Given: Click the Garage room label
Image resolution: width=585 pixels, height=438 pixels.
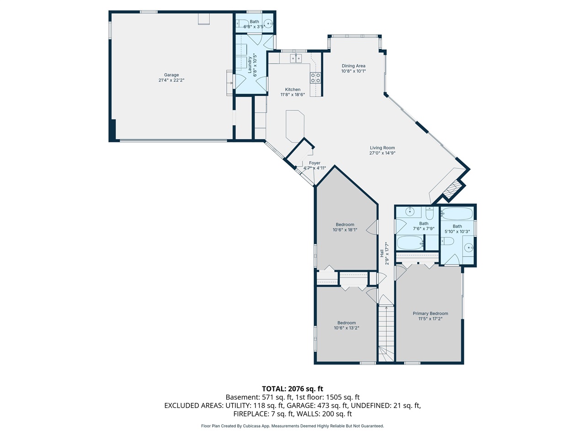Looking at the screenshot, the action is click(x=171, y=75).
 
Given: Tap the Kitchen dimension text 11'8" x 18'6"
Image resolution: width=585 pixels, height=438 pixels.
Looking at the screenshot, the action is click(x=292, y=95).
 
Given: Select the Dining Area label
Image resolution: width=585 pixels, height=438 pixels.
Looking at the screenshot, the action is click(x=353, y=66).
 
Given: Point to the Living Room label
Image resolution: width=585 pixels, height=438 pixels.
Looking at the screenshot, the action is click(x=382, y=147).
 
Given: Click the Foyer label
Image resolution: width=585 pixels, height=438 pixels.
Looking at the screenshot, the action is click(x=314, y=163).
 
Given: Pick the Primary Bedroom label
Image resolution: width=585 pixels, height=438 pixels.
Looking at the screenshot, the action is click(x=431, y=313).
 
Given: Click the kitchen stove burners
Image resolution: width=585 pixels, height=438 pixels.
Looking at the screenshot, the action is click(x=315, y=78).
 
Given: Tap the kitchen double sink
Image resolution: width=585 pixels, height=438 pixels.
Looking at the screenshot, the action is click(x=296, y=58).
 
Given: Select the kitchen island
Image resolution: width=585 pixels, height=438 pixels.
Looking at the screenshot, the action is click(x=295, y=126).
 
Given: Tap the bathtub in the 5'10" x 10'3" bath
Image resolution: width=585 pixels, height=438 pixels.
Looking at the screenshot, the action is click(x=457, y=213).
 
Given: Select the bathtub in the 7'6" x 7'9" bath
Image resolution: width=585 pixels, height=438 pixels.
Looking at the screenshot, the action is click(x=410, y=243).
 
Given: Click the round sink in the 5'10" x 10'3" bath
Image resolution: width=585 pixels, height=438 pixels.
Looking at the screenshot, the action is click(x=468, y=248).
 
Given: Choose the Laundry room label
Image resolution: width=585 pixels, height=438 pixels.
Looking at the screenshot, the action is click(x=250, y=65).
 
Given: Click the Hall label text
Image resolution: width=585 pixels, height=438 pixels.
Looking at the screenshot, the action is click(x=382, y=253).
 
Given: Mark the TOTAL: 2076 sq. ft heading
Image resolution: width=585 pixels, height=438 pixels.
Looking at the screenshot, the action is click(x=292, y=389).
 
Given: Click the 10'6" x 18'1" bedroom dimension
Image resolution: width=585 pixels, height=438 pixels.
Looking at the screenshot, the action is click(x=345, y=230).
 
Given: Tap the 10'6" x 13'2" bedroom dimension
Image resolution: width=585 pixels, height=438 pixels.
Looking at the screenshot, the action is click(x=346, y=328).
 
